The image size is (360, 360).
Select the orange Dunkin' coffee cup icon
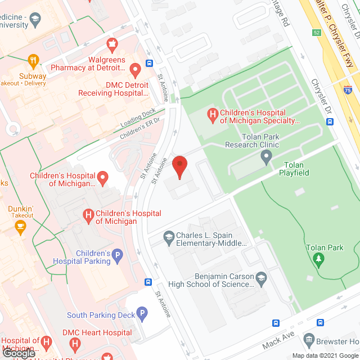pyautogui.click(x=21, y=227)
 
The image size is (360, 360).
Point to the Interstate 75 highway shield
pyautogui.click(x=349, y=89)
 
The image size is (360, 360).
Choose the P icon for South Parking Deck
pyautogui.click(x=143, y=313)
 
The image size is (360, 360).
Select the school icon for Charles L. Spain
pyautogui.click(x=168, y=236)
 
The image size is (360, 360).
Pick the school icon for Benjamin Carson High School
pyautogui.click(x=261, y=278)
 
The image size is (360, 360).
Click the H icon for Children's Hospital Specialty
pyautogui.click(x=213, y=116)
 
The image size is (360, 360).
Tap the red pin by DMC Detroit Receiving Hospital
pyautogui.click(x=135, y=70)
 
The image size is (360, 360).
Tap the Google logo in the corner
pyautogui.click(x=19, y=354)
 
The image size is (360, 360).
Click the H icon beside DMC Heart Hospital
pyautogui.click(x=46, y=341)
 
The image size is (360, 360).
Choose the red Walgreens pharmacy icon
pyautogui.click(x=112, y=43)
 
